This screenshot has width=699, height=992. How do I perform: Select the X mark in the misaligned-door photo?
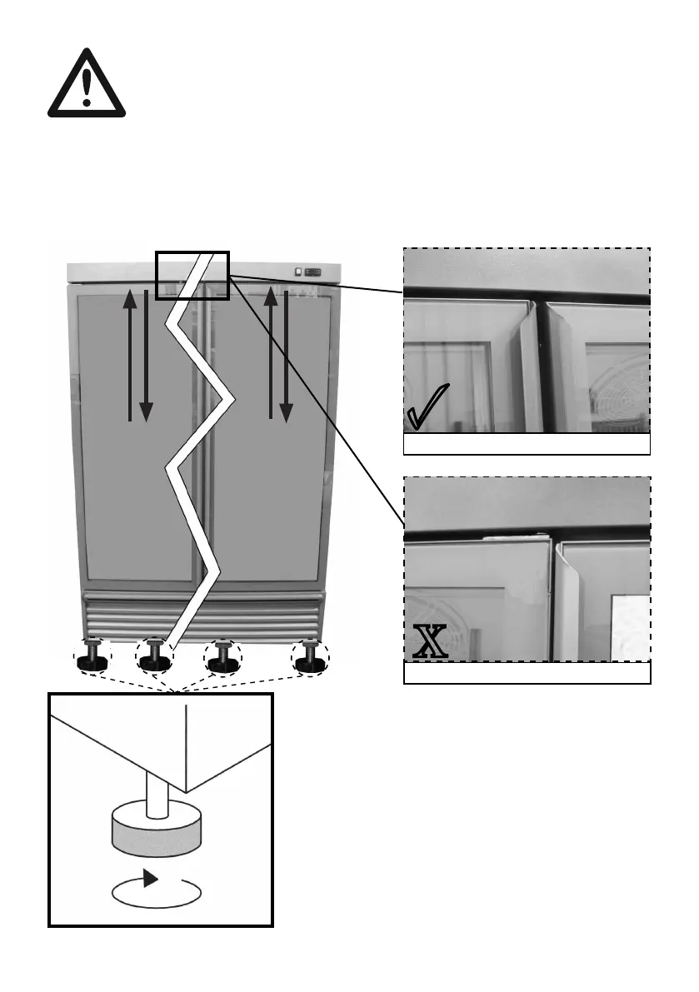click(x=431, y=642)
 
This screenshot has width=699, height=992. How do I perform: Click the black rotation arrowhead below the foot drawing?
click(x=151, y=878)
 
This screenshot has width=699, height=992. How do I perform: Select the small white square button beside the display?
click(x=297, y=271)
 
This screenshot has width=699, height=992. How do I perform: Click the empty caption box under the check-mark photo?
click(x=527, y=445)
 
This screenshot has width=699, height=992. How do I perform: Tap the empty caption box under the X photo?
click(x=527, y=673)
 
